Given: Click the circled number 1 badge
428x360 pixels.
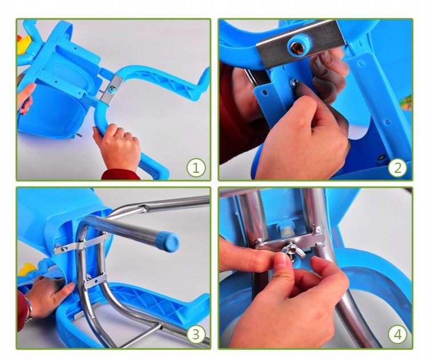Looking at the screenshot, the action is point(196,168).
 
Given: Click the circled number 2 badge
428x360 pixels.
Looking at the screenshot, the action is point(397,168).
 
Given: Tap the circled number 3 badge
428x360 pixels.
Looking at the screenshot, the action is point(196,334).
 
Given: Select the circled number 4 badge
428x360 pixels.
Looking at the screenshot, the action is point(397,334).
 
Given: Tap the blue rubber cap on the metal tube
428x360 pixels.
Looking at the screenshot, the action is point(168,241).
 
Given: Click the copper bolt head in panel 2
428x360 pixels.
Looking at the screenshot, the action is point(297,48).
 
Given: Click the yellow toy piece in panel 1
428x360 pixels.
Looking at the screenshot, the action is point(23,45).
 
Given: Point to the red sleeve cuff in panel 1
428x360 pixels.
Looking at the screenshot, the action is point(120,175).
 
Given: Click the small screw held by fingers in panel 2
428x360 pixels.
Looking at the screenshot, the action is point(294,82).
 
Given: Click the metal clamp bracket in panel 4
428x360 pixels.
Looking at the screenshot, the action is point(290,240).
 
